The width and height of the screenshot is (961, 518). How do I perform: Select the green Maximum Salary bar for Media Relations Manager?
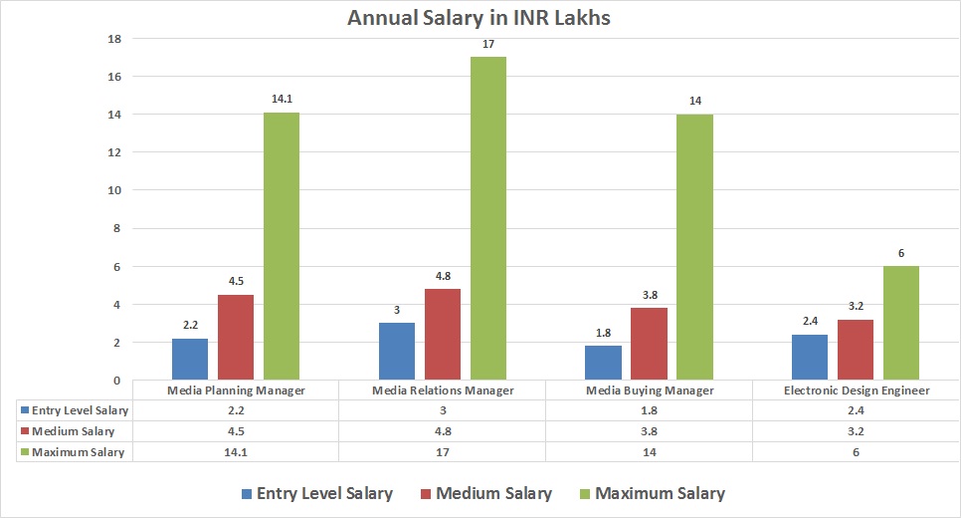[488, 218]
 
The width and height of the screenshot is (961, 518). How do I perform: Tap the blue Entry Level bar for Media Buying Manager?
[604, 363]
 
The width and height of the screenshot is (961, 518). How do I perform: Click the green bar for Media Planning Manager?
[282, 246]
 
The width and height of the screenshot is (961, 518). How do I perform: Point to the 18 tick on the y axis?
[114, 39]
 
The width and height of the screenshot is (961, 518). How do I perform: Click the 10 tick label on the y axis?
[114, 190]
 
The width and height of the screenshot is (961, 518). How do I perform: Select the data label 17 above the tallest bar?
[488, 45]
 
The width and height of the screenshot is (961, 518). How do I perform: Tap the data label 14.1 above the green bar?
[282, 100]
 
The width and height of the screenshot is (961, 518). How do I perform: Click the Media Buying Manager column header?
[650, 390]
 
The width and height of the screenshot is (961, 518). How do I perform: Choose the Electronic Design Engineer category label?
[857, 390]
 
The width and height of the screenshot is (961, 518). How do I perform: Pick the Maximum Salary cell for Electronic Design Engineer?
[857, 451]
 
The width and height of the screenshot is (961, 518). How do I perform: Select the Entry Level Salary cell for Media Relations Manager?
[443, 410]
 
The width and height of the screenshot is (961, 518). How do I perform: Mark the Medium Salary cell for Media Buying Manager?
[650, 431]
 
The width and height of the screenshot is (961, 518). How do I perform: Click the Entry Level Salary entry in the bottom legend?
[315, 493]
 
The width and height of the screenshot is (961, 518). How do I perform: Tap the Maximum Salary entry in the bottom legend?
[650, 493]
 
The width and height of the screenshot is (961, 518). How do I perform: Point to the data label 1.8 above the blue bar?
[604, 333]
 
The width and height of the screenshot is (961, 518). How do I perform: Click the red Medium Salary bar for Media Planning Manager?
[236, 338]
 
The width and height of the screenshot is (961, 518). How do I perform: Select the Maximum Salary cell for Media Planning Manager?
[236, 451]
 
